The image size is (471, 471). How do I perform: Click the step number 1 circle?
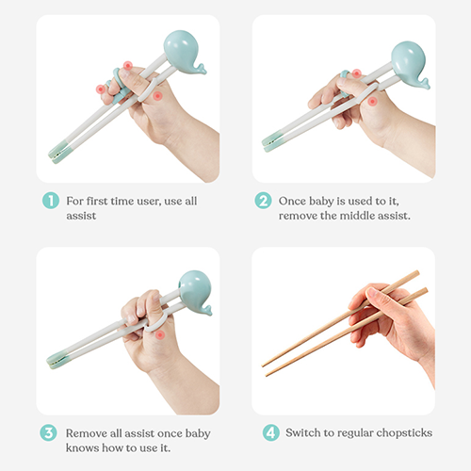51,201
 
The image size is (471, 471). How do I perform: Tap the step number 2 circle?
263,201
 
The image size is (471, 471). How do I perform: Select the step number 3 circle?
48,432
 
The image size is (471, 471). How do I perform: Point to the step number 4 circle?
271,432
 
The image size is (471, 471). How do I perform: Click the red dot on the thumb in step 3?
160,334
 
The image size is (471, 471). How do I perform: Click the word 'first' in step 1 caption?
97,201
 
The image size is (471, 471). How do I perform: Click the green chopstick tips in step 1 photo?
59,152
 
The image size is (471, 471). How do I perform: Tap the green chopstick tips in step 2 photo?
272,142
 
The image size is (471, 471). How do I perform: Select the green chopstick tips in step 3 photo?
57,360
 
